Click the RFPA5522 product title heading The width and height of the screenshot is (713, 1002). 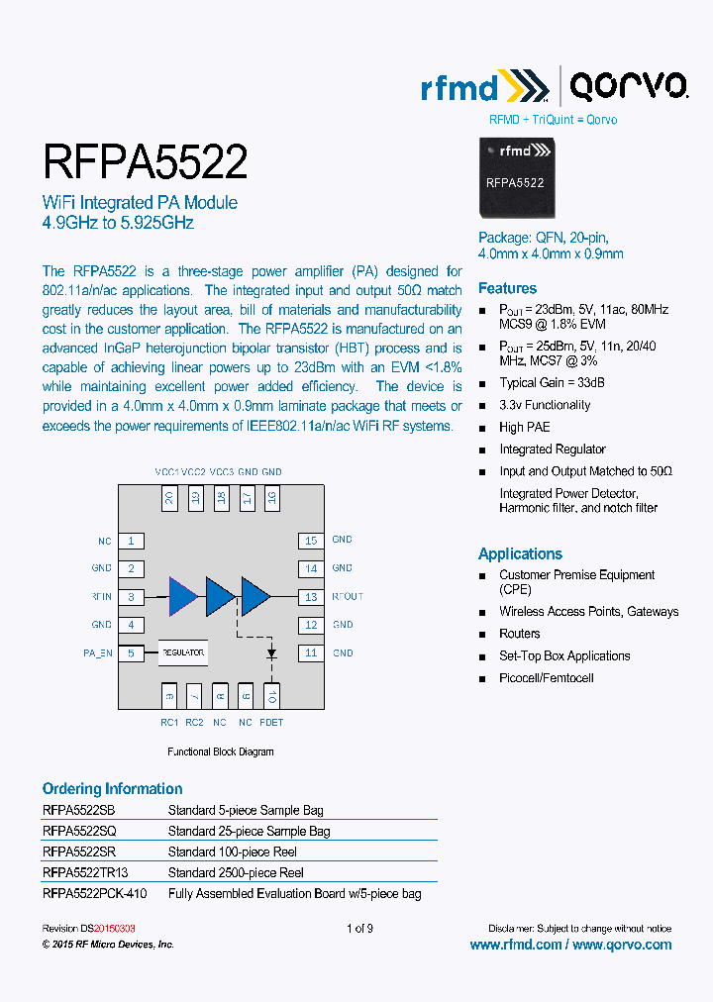145,161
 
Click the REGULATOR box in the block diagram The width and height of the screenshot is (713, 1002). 183,653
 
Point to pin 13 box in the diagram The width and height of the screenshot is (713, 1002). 311,597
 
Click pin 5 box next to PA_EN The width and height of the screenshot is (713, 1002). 131,653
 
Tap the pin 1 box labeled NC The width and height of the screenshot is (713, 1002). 131,541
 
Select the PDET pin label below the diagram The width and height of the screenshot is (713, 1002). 271,723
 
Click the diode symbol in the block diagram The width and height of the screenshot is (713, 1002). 271,654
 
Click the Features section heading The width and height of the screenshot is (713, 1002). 507,288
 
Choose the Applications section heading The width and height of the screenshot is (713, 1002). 520,553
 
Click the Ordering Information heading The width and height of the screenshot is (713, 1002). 112,789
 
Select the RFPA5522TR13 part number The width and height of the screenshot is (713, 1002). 85,872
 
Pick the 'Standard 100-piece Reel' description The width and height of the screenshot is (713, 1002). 233,852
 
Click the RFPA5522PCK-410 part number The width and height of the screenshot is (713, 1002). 94,893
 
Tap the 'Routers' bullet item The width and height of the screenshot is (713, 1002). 520,634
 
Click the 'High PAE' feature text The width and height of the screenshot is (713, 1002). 525,427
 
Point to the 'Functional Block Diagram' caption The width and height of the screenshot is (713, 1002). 220,751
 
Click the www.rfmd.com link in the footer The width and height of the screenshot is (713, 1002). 515,945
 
